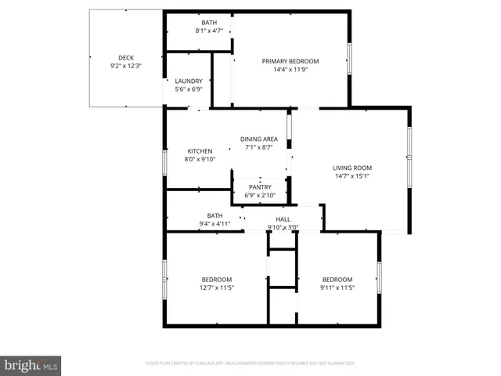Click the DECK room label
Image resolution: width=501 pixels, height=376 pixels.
pyautogui.click(x=126, y=58)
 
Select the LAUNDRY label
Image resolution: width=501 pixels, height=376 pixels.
pyautogui.click(x=189, y=81)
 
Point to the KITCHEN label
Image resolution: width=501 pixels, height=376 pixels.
pyautogui.click(x=200, y=151)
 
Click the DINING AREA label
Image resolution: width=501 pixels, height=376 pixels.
pyautogui.click(x=259, y=139)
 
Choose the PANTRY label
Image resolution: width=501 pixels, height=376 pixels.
pyautogui.click(x=260, y=186)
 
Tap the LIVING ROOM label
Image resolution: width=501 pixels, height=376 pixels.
pyautogui.click(x=352, y=168)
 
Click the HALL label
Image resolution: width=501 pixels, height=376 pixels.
pyautogui.click(x=283, y=219)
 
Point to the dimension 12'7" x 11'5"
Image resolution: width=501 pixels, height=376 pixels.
pyautogui.click(x=217, y=287)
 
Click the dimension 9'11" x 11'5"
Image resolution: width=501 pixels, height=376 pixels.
pyautogui.click(x=337, y=287)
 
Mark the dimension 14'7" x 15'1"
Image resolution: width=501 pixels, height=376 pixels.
pyautogui.click(x=352, y=175)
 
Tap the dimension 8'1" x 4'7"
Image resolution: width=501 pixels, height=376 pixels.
pyautogui.click(x=209, y=31)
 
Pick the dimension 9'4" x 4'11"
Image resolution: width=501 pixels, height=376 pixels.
pyautogui.click(x=214, y=224)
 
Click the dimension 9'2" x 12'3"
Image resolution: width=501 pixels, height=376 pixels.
pyautogui.click(x=126, y=66)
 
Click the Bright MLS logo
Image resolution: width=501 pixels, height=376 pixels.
pyautogui.click(x=31, y=365)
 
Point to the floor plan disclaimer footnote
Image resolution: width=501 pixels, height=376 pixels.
pyautogui.click(x=250, y=363)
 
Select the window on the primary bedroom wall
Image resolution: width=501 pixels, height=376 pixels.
pyautogui.click(x=350, y=58)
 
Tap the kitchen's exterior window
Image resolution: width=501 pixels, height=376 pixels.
pyautogui.click(x=164, y=162)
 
